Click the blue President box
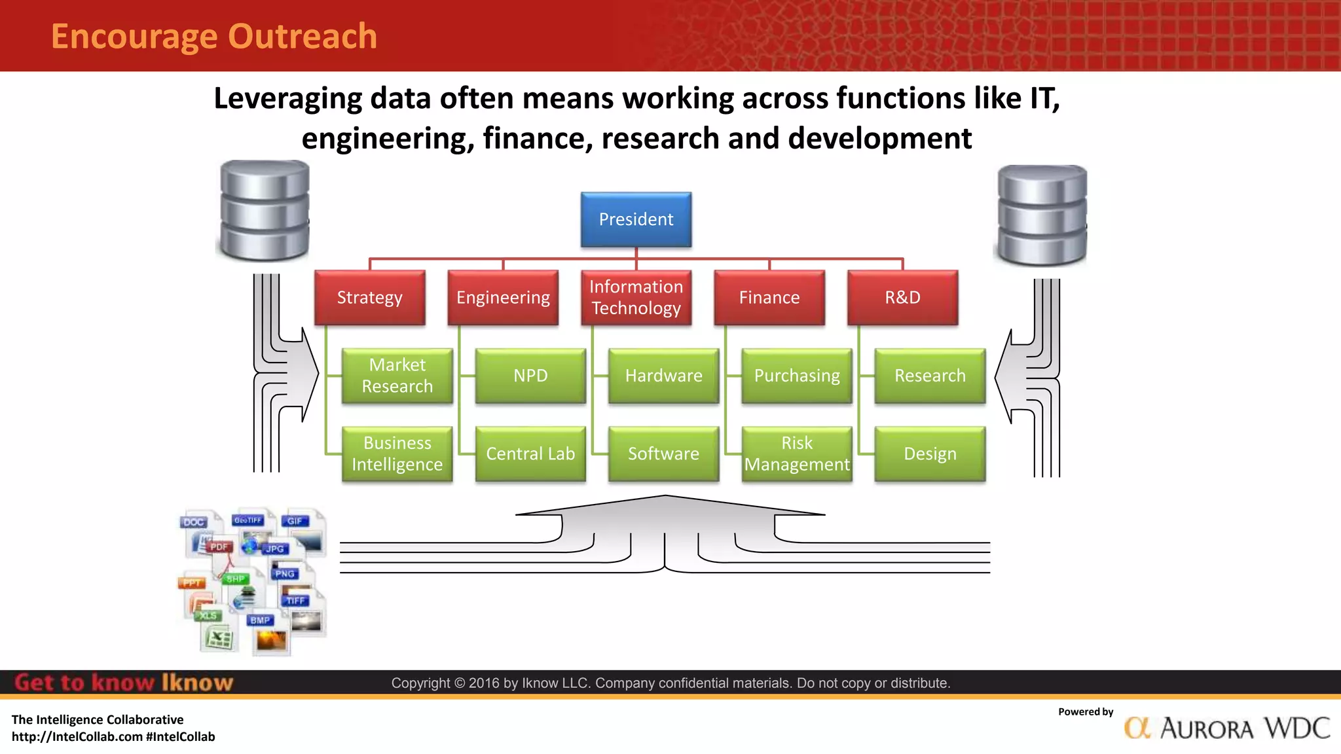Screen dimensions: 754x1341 [x=636, y=219]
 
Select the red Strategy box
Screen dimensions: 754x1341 [x=370, y=298]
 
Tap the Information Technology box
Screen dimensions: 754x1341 [x=636, y=298]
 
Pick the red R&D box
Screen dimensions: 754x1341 [x=902, y=298]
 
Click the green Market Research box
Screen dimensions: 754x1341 [x=397, y=376]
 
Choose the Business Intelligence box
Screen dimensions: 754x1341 [x=397, y=454]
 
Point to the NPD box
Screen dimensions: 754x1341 [x=530, y=376]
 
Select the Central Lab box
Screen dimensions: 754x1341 [x=530, y=454]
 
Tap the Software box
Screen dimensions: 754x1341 [x=663, y=454]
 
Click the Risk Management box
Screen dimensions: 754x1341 [x=797, y=454]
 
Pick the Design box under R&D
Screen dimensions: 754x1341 [x=930, y=454]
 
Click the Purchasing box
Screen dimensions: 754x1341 [x=797, y=376]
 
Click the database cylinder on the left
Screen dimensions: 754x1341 [x=265, y=211]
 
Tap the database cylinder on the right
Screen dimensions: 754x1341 [x=1041, y=215]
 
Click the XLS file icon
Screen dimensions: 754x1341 [x=217, y=632]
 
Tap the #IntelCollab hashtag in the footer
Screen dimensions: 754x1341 [x=181, y=737]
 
